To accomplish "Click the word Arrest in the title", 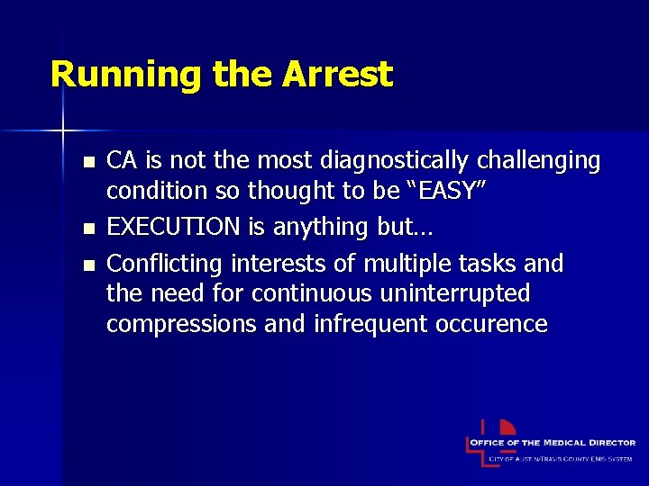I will pyautogui.click(x=337, y=74).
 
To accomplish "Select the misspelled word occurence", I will pyautogui.click(x=490, y=324).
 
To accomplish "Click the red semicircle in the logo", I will pyautogui.click(x=507, y=428).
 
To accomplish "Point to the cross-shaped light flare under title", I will pyautogui.click(x=63, y=131).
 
